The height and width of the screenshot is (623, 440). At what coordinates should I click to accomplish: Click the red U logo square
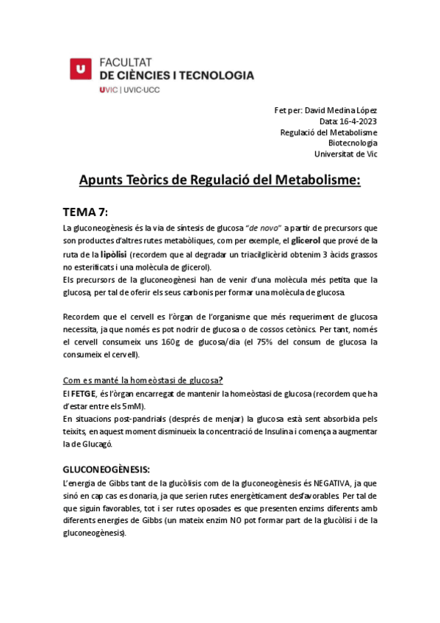[81, 68]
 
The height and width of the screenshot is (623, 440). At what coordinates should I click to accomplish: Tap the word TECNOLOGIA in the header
[216, 75]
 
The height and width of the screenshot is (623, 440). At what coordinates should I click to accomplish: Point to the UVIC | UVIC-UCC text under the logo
[129, 90]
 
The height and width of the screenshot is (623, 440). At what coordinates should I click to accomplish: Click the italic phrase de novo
[265, 228]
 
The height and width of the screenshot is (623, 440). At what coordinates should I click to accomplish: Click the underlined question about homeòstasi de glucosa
[143, 380]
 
